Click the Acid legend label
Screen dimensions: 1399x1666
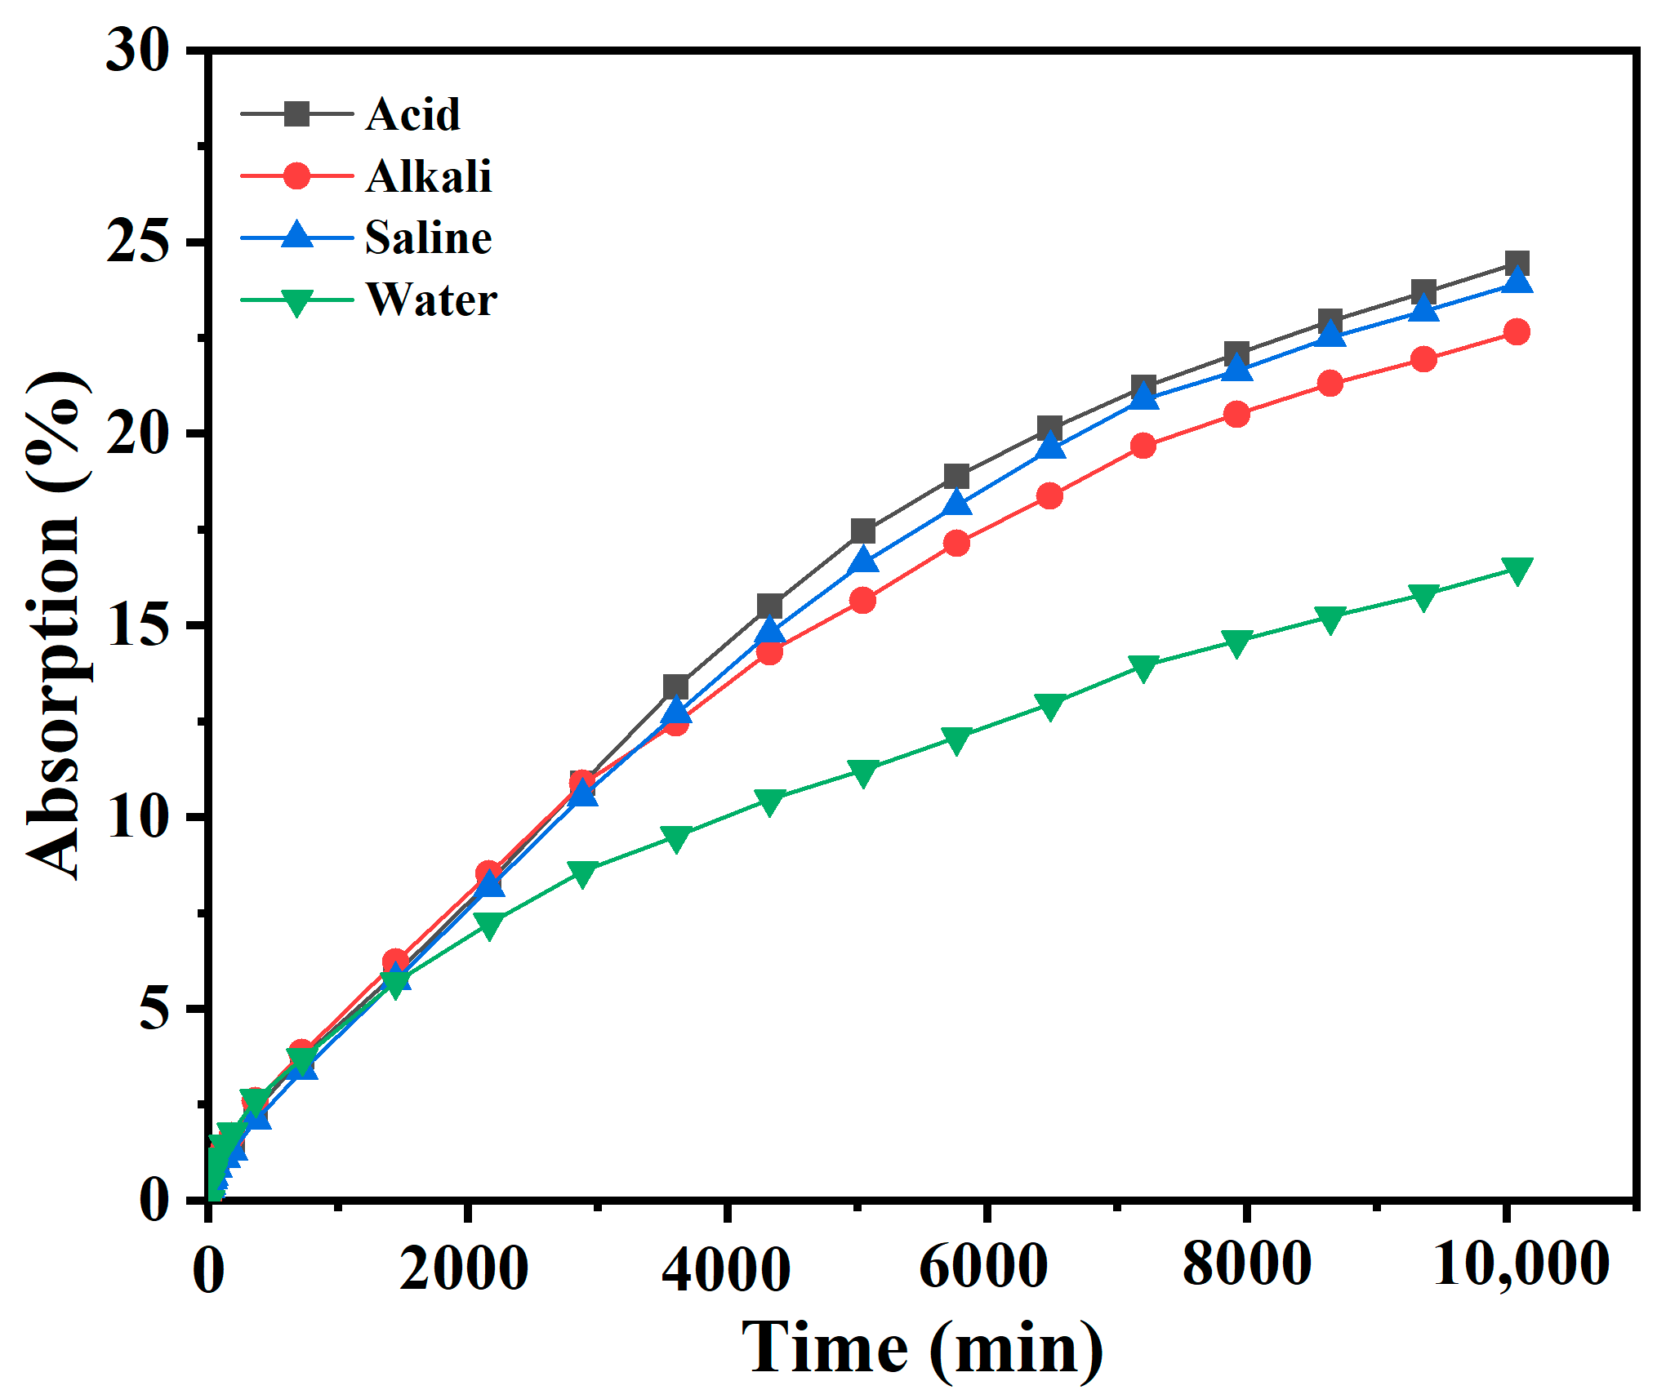point(412,114)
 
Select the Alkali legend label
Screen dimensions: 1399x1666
point(429,176)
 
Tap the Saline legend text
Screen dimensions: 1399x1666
point(428,238)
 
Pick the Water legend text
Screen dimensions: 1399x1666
point(431,300)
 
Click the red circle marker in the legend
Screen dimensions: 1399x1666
point(297,175)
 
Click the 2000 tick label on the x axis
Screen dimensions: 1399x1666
point(464,1268)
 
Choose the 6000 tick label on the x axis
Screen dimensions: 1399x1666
point(983,1268)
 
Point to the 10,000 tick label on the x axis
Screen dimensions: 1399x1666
point(1521,1264)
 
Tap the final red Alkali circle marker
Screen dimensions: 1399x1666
point(1517,332)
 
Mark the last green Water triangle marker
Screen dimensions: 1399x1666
point(1517,571)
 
